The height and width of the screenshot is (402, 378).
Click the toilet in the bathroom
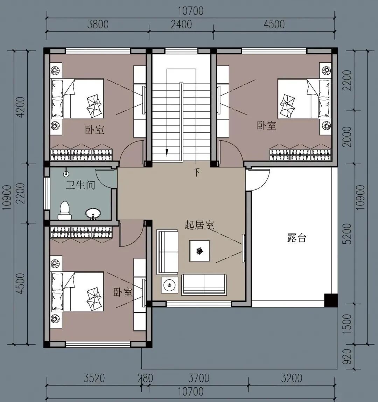point(65,210)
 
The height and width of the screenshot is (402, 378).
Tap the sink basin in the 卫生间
point(93,213)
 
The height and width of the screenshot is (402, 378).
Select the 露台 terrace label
point(296,238)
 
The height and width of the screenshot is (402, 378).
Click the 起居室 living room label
point(199,225)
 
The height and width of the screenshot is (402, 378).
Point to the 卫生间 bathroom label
point(80,185)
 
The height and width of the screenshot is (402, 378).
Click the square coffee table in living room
point(199,251)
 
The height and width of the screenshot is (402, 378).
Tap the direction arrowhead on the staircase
point(167,153)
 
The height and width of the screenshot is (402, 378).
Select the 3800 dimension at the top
point(98,25)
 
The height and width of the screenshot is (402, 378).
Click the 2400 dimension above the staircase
point(181,25)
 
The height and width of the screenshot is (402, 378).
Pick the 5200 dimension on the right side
point(348,234)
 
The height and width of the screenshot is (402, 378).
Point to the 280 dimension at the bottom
point(145,379)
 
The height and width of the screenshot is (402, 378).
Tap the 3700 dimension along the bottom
point(199,379)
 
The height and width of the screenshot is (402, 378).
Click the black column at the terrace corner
point(331,300)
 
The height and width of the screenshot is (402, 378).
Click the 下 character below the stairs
point(196,173)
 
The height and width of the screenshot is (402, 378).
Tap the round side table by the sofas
point(169,285)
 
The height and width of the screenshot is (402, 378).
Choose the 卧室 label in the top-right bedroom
point(266,126)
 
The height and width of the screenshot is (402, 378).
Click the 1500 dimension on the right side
point(348,324)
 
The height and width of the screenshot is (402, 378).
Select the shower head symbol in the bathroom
point(66,174)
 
